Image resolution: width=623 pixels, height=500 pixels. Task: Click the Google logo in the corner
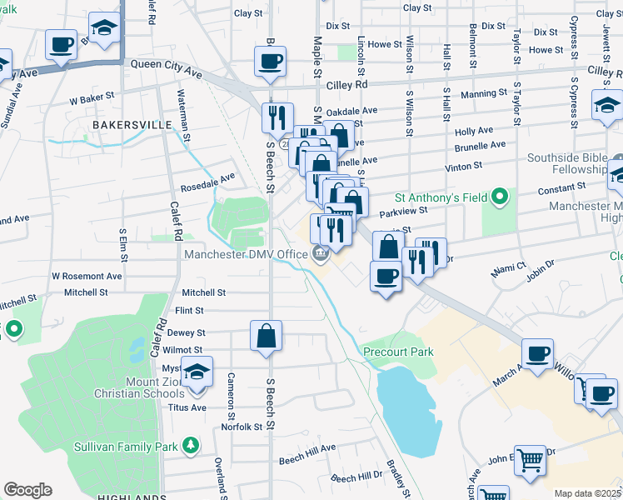tap(27, 490)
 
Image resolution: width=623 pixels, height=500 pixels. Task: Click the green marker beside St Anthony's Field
tap(499, 198)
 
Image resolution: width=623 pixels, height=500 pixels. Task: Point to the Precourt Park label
tap(398, 352)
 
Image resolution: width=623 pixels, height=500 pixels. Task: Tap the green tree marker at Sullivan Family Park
tap(191, 446)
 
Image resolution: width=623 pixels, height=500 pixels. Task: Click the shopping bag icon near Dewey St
tap(267, 337)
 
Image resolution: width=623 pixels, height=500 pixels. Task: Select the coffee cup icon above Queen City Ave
tap(271, 62)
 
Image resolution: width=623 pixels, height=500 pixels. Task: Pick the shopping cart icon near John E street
tap(530, 459)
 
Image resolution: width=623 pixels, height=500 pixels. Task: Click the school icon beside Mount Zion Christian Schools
tap(197, 372)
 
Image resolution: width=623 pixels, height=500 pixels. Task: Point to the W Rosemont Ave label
tap(87, 276)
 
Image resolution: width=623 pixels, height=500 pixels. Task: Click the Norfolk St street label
tap(243, 427)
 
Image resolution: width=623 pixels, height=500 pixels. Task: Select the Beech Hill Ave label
tap(307, 458)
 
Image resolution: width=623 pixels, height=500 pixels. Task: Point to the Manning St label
tap(483, 94)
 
